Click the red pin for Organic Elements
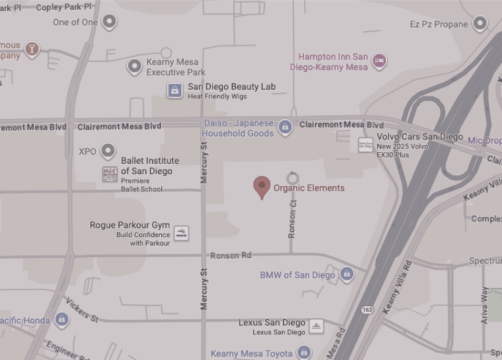coord(262,186)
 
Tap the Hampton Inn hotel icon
coord(379,61)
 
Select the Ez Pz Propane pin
coord(480,24)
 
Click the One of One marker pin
coord(109,22)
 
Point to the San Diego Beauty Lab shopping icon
coord(175,91)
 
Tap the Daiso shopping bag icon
coord(284,127)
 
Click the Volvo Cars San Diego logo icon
coord(365,145)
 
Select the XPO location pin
coord(108,150)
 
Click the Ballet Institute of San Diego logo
coord(110,174)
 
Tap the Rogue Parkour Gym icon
coord(181,233)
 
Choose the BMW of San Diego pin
coord(347,274)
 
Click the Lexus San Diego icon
coord(316,326)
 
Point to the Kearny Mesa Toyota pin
coord(304,352)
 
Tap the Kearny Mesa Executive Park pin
coord(134,66)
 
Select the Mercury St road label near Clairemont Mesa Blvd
coord(205,163)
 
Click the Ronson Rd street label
coord(230,255)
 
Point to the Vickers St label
coord(82,310)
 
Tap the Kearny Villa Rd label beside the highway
coord(396,287)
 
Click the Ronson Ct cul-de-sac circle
coord(293,178)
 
